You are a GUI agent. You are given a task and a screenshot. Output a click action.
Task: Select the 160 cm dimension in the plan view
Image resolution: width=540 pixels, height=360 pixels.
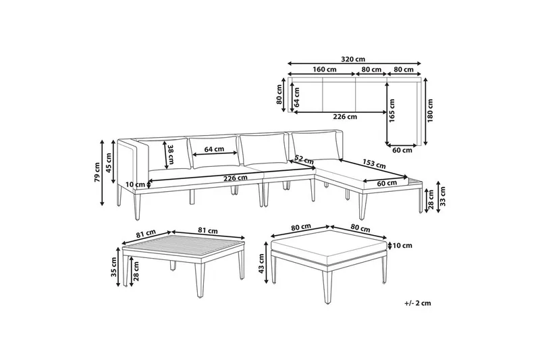[324, 70]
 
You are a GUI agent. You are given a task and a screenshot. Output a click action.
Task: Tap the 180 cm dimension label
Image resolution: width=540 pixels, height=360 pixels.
[430, 111]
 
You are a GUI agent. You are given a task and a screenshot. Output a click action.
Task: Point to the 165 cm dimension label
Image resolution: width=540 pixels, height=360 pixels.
[391, 111]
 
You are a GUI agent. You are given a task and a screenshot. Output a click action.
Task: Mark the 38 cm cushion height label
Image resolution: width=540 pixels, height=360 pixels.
[171, 156]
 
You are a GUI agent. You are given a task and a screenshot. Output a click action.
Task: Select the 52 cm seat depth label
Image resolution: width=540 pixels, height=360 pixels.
[304, 160]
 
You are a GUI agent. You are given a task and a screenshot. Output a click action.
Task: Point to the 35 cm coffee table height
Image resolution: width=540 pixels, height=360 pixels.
[115, 268]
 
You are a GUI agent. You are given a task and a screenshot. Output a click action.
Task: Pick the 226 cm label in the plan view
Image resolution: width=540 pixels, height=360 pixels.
[345, 115]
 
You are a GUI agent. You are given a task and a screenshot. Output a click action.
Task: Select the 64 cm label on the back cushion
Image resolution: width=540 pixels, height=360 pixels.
[214, 149]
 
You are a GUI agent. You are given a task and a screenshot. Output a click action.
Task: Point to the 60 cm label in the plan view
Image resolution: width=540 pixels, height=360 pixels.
[404, 150]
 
